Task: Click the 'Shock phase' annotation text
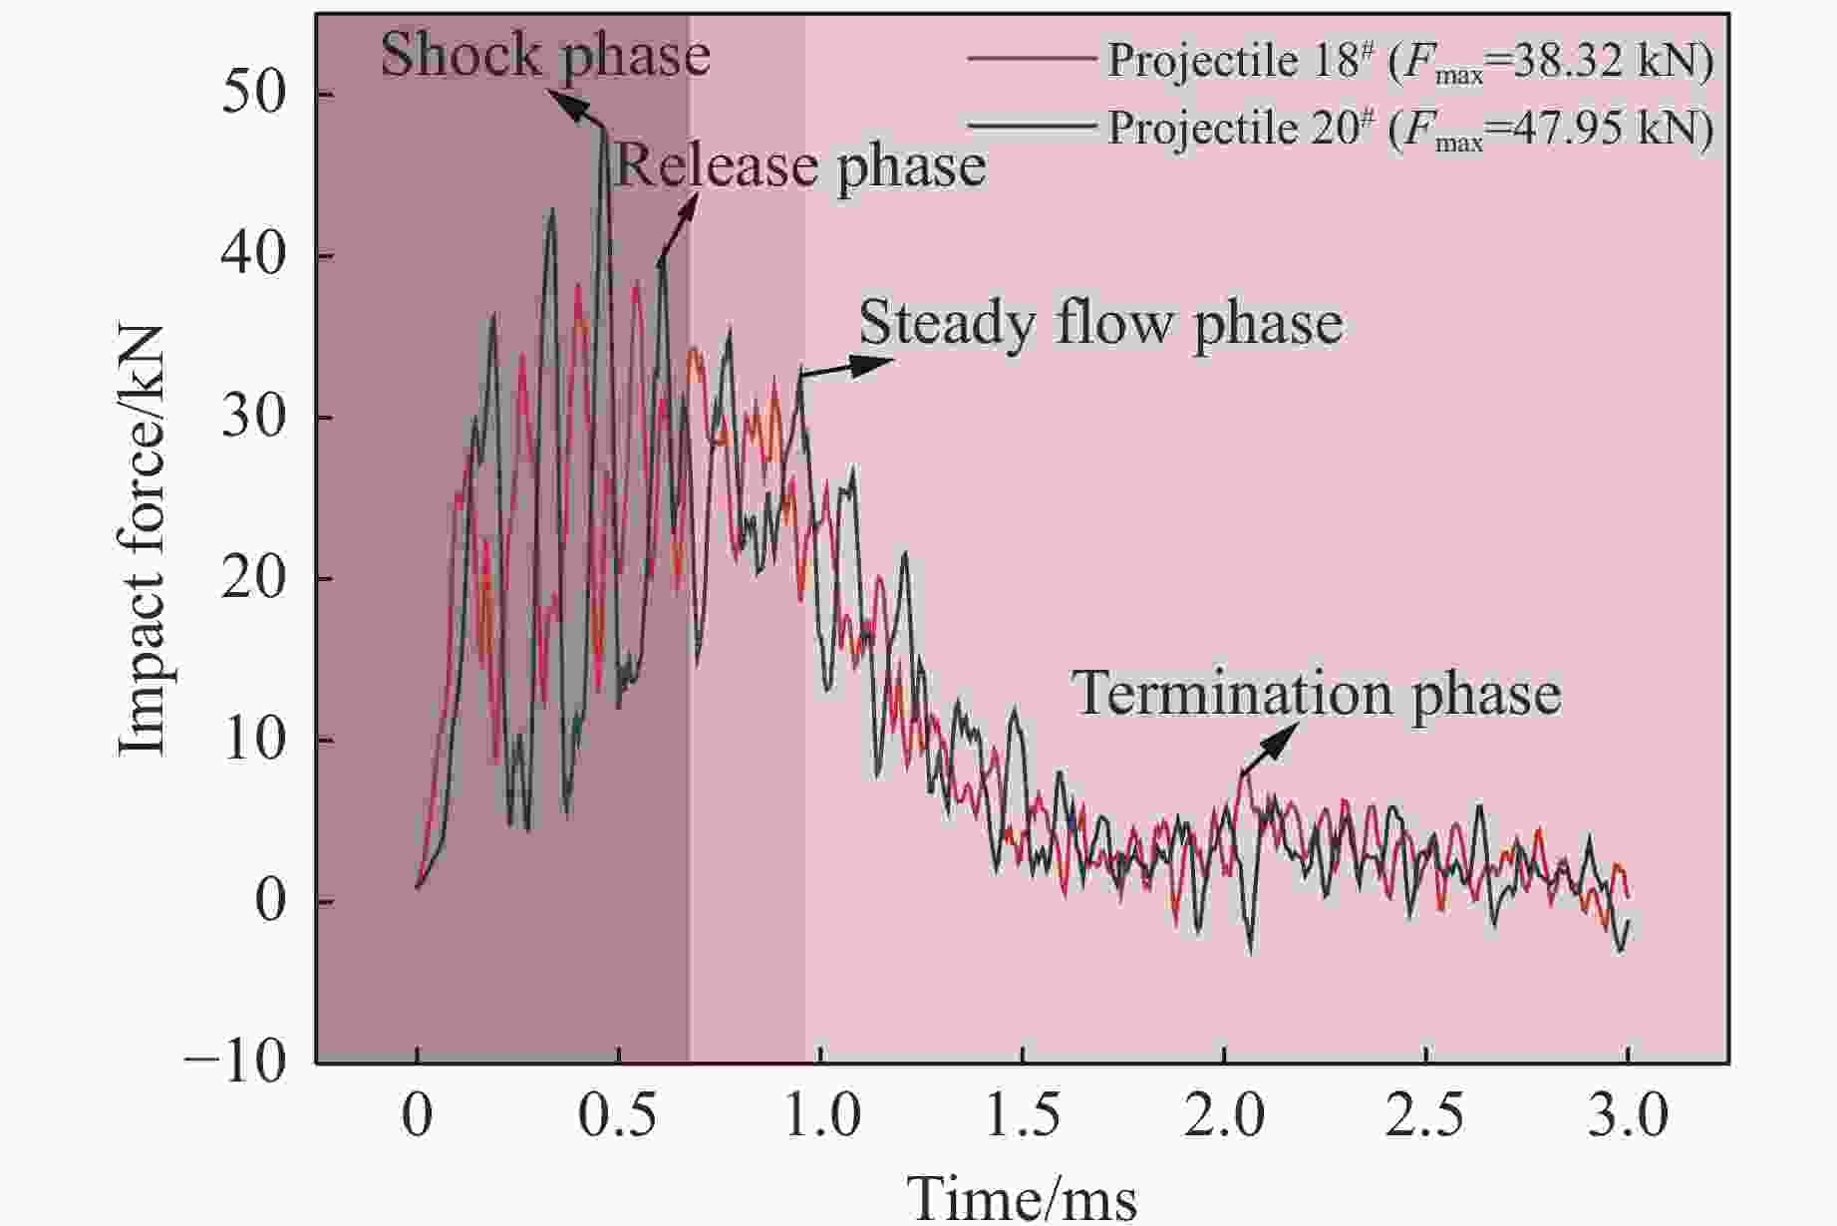[545, 55]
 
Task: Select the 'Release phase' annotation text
[800, 165]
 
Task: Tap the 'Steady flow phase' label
[1100, 323]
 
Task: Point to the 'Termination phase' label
[1317, 694]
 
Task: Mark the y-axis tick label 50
[253, 95]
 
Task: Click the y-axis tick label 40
[253, 256]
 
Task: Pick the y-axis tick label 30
[253, 418]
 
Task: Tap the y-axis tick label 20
[253, 579]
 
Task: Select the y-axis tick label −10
[235, 1063]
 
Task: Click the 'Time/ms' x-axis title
[1022, 1196]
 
